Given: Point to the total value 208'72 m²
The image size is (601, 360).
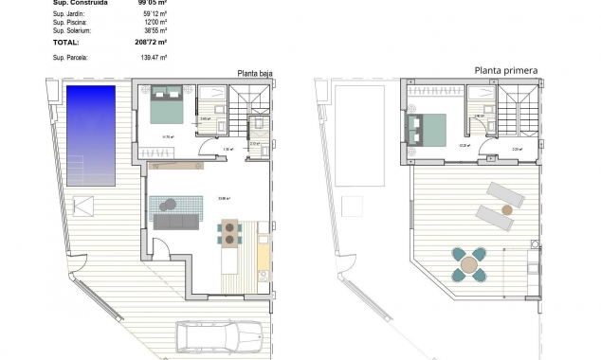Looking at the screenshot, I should point(149,43).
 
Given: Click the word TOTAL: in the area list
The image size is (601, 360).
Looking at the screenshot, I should point(67,43).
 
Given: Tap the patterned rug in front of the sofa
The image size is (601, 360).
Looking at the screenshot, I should point(174,204).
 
